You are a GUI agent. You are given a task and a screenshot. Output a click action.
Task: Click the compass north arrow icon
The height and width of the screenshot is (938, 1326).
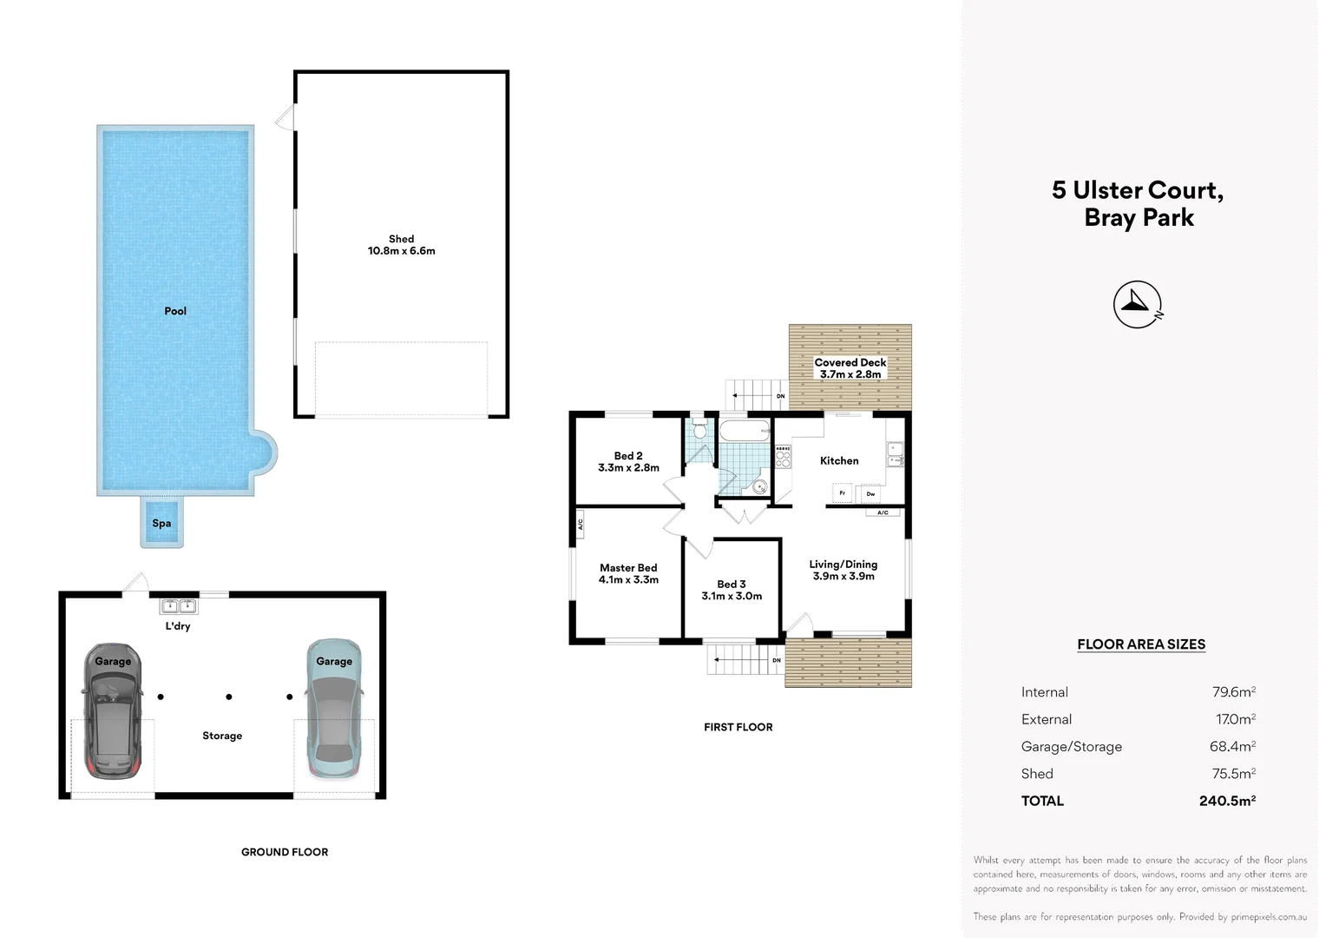[x=1138, y=305]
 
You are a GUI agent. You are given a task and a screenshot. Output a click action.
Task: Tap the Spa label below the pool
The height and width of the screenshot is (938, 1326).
[x=161, y=524]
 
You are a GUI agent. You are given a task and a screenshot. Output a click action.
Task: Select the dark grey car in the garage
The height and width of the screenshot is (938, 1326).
[x=112, y=712]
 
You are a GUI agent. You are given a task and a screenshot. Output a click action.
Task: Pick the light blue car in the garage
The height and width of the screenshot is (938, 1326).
[x=334, y=712]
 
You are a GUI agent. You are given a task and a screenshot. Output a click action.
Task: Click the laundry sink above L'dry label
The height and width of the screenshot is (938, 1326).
[x=179, y=606]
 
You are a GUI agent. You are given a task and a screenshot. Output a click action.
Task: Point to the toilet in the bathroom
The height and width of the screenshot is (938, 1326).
[x=700, y=431]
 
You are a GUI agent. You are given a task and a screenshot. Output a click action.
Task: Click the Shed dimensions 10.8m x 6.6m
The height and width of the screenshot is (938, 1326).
[x=401, y=251]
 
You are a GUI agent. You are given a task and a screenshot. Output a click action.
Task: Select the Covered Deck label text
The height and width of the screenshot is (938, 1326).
[x=850, y=362]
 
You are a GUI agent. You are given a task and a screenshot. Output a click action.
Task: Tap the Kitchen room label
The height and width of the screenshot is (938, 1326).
[x=839, y=461]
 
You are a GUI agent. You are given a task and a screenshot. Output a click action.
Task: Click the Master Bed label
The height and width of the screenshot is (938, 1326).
[x=628, y=568]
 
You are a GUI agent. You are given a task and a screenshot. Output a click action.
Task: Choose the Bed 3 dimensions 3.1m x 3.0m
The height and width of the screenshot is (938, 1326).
[x=732, y=597]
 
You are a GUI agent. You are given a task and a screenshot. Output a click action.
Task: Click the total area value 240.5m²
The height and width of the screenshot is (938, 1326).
[x=1227, y=801]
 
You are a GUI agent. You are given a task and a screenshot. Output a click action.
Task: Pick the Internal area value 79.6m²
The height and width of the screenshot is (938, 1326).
[x=1233, y=692]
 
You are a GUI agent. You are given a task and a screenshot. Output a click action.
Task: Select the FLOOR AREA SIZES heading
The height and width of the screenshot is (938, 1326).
[x=1141, y=644]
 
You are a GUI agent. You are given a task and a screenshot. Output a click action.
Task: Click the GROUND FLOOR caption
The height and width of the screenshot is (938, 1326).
[x=285, y=852]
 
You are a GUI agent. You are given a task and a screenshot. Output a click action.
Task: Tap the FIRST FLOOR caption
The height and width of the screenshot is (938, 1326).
[x=738, y=727]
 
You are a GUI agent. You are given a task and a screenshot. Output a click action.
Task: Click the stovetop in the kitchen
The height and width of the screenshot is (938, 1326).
[x=783, y=457]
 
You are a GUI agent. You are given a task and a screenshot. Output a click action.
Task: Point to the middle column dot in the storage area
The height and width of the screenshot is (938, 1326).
[x=229, y=697]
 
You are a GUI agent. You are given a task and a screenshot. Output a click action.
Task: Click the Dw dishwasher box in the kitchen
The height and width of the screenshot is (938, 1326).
[x=870, y=494]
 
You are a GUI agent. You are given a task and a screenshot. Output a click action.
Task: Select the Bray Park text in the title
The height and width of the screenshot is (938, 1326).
[x=1139, y=218]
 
